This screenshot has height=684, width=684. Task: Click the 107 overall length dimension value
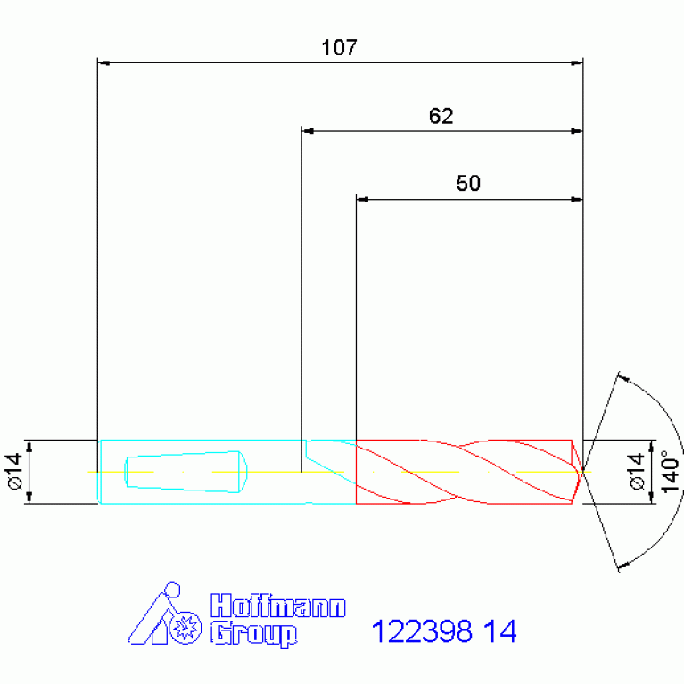pos(339,47)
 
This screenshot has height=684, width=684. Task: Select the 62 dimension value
pos(441,116)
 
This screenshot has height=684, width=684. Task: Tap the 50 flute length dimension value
pos(468,183)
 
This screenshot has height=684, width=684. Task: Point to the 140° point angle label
pos(671,472)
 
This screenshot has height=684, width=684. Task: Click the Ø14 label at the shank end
pos(15,471)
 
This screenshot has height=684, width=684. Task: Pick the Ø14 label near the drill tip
pos(638,471)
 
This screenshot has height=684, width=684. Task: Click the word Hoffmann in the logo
pos(278,606)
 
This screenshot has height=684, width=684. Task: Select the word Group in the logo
pos(253,635)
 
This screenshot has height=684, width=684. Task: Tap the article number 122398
pos(422,630)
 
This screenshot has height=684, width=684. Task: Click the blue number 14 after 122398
pos(500,630)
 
